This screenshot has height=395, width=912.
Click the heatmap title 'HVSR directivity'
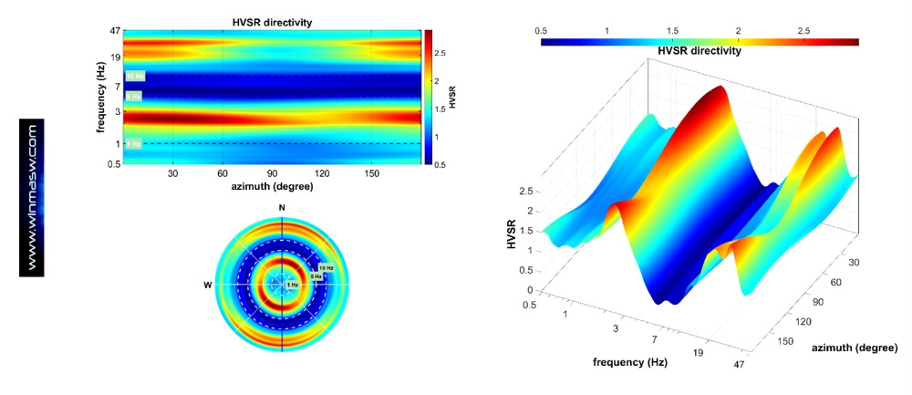click(271, 21)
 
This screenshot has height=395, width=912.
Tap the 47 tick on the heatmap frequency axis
click(116, 31)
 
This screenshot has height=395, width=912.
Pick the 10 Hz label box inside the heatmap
click(134, 77)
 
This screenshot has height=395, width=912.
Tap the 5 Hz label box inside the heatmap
click(133, 97)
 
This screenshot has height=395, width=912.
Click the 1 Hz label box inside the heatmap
click(133, 143)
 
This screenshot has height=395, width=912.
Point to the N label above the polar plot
click(283, 208)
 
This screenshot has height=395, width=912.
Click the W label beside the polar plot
click(209, 285)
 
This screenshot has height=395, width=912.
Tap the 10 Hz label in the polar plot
click(326, 267)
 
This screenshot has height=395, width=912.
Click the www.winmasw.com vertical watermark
click(32, 197)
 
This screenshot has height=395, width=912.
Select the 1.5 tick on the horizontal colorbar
click(672, 30)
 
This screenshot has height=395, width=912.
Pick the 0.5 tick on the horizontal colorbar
click(541, 30)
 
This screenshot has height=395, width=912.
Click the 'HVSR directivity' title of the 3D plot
click(700, 51)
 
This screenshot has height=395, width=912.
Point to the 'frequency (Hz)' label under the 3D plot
click(630, 362)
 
